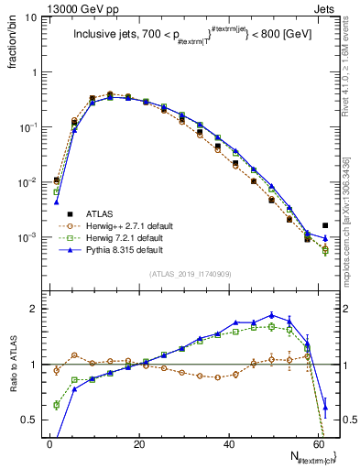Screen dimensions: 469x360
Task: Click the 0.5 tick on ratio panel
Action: [28, 420]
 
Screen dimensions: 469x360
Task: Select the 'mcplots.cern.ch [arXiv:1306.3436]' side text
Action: [345, 192]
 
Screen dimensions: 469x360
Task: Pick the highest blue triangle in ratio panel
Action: [271, 314]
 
